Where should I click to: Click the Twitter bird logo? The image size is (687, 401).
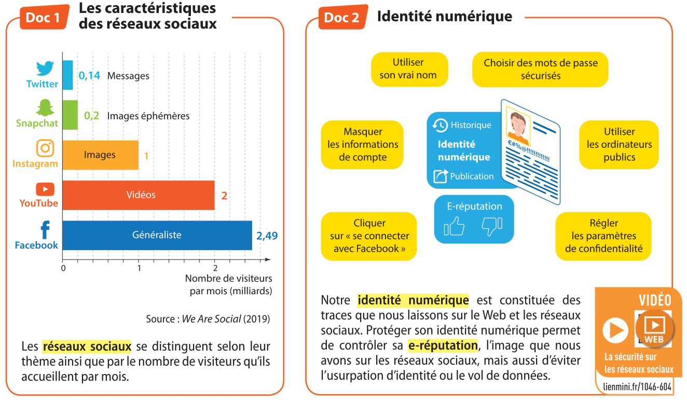point(45,68)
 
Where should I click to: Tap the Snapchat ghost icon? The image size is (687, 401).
point(45,108)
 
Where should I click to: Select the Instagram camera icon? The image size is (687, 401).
point(45,148)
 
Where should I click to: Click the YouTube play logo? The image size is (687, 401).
point(45,189)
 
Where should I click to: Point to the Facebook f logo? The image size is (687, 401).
point(45,230)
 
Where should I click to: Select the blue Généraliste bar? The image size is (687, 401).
point(157,235)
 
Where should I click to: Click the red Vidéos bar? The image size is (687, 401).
point(139,195)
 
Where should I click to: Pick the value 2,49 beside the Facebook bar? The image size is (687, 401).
point(267,236)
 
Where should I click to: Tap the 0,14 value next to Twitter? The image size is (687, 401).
point(89,76)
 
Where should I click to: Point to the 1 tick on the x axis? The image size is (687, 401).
point(139,268)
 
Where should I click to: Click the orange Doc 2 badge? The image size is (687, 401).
point(341,18)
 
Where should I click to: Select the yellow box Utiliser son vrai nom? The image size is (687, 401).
point(408,69)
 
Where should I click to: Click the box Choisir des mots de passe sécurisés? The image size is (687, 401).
point(540,69)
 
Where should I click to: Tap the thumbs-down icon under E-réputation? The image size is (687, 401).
point(492,226)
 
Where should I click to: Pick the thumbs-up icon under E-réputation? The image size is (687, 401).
point(455,226)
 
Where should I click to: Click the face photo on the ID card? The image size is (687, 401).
point(518,127)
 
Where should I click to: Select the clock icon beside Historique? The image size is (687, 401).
point(440,125)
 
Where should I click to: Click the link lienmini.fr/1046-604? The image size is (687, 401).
point(637,387)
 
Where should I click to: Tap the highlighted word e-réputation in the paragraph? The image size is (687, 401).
point(443,345)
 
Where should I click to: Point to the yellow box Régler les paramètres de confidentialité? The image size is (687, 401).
point(603,236)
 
